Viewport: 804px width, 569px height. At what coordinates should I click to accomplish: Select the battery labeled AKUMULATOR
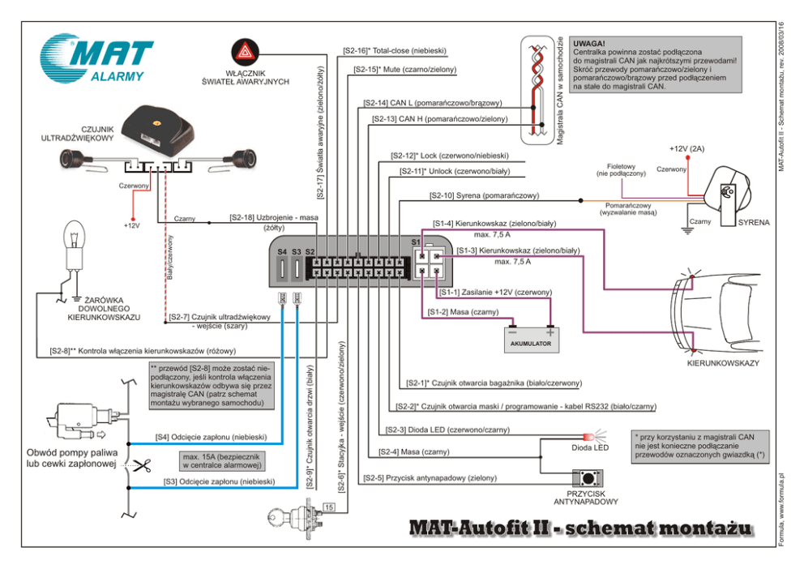coord(531,336)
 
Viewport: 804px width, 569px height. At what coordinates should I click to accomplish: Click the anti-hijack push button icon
coord(591,477)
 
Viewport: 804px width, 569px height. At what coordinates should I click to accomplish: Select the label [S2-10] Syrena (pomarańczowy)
coord(484,196)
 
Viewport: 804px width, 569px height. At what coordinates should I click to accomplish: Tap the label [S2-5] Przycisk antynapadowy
coord(430,478)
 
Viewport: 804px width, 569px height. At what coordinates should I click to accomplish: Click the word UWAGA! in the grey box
coord(588,44)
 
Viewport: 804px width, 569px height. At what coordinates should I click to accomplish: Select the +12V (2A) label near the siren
coord(687,149)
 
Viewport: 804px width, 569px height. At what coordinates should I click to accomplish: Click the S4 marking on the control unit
coord(282,252)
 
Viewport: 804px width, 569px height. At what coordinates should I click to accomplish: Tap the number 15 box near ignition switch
coord(328,507)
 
